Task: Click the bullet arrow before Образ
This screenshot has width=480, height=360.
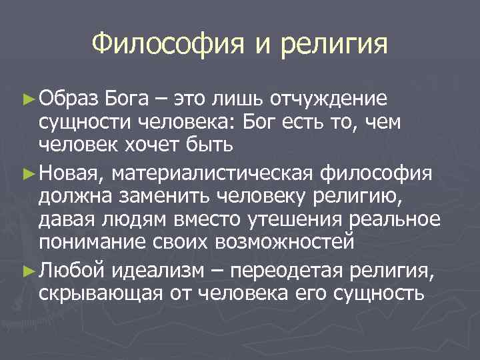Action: pos(28,99)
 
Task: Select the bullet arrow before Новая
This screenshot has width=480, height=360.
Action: pos(28,173)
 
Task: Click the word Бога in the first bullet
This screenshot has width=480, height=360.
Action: pos(127,99)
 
